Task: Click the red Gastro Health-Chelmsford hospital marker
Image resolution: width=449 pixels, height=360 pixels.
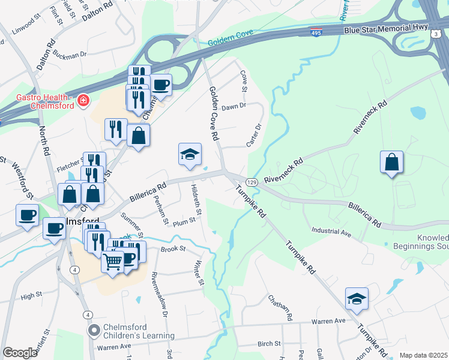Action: tap(83, 100)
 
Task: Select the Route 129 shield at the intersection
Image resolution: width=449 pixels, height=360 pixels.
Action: tap(252, 182)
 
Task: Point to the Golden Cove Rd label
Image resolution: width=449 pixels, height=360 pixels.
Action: tap(214, 112)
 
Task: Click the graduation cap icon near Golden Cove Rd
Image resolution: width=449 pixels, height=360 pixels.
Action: tap(189, 155)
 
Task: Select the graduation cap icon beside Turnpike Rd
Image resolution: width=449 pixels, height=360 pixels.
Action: tap(357, 299)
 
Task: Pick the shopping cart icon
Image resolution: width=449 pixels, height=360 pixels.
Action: tap(112, 262)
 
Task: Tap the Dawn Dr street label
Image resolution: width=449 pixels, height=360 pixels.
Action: tap(234, 106)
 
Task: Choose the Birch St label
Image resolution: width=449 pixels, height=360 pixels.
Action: tap(269, 344)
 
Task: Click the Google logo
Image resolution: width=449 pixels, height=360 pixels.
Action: tap(20, 353)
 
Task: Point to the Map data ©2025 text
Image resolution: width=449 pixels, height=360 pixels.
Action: tap(423, 355)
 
